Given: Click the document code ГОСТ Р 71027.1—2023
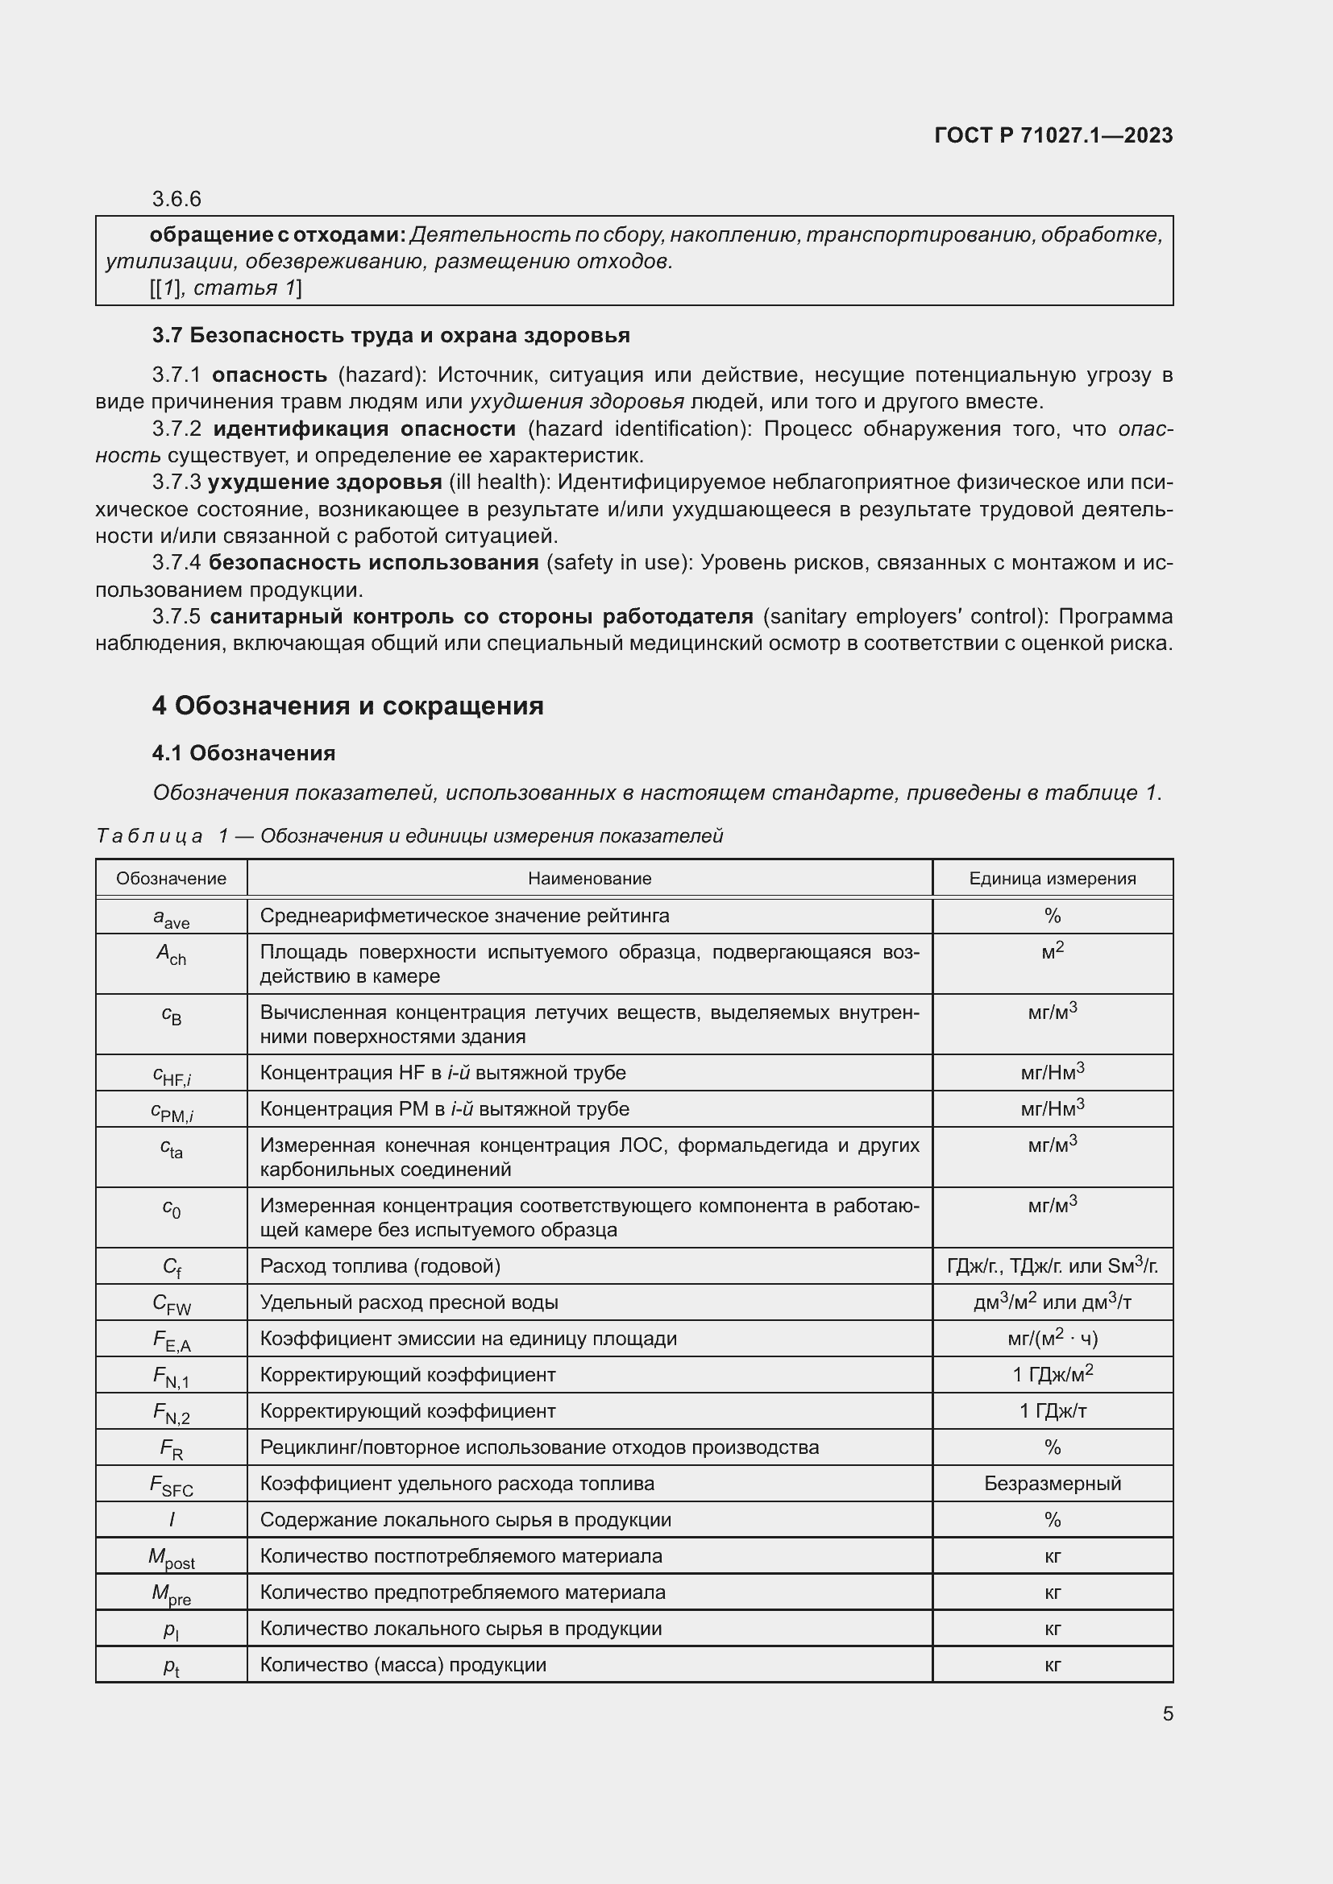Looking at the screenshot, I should (x=1053, y=135).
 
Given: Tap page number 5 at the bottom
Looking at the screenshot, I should (x=1167, y=1714).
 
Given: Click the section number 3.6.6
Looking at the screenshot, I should (x=176, y=200).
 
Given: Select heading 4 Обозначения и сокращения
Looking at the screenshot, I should (x=347, y=706).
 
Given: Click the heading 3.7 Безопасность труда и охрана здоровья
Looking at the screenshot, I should (x=391, y=336).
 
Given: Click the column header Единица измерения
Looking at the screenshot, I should (x=1052, y=879).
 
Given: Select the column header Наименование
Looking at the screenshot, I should (x=588, y=879).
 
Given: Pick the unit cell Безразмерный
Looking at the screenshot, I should (x=1052, y=1484).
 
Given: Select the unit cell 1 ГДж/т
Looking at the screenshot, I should (x=1052, y=1411).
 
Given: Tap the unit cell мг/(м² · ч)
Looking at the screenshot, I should (x=1052, y=1340).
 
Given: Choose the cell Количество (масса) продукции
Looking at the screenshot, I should (x=402, y=1665).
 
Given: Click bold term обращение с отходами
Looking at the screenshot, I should (x=277, y=235).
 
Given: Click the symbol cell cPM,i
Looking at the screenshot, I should (x=172, y=1111).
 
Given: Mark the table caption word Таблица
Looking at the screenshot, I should (x=149, y=836).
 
